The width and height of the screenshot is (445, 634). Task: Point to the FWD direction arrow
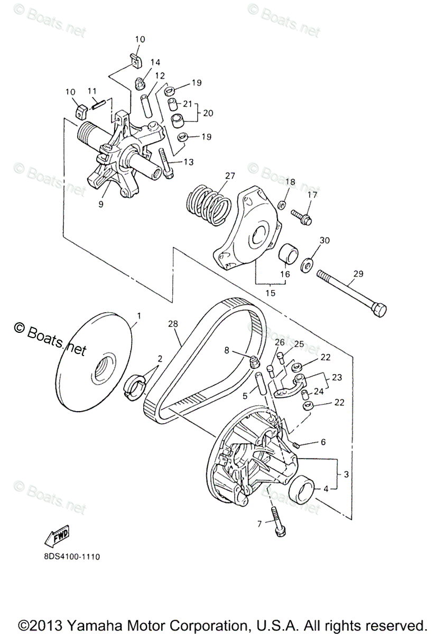[58, 536]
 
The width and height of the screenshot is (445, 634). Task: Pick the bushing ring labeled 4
[303, 489]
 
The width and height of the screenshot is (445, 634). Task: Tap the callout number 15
[271, 293]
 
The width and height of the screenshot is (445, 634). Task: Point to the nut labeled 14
[140, 82]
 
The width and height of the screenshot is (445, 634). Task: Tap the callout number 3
[346, 474]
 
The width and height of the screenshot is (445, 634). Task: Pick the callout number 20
[208, 113]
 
